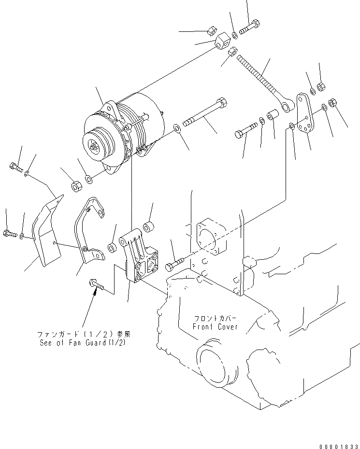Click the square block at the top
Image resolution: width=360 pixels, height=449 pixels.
(x=223, y=40)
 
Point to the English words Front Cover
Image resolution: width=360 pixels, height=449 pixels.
(x=216, y=327)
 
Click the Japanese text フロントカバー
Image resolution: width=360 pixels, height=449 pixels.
(x=216, y=319)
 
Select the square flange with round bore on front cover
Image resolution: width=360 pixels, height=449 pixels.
(x=211, y=237)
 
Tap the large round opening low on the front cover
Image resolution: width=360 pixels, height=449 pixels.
(x=212, y=362)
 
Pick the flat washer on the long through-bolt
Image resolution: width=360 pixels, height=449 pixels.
(x=177, y=128)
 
